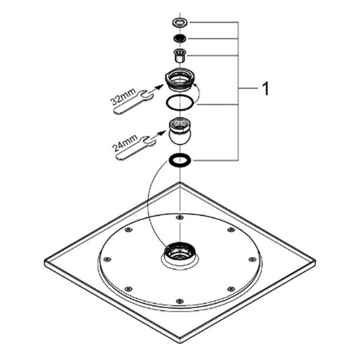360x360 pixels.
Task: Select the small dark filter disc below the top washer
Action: point(180,38)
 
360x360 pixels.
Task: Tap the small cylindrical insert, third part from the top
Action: point(180,55)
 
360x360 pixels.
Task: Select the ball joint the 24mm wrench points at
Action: point(180,131)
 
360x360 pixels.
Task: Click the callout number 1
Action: point(265,89)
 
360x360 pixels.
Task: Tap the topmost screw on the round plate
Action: point(180,217)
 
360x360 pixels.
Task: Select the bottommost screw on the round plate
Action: point(180,301)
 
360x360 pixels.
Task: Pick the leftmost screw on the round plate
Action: point(107,259)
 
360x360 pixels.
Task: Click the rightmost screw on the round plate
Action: point(253,259)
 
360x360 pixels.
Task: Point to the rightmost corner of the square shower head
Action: point(315,261)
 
